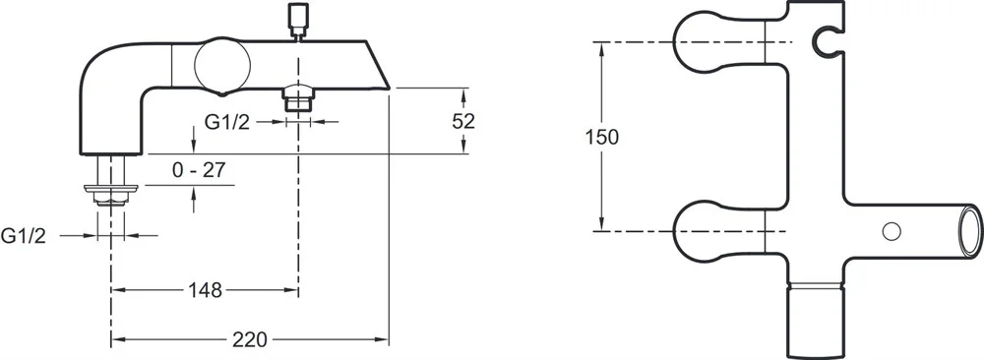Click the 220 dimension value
click(x=250, y=340)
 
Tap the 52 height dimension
click(x=463, y=121)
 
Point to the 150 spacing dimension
click(x=602, y=137)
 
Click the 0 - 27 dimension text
click(x=199, y=170)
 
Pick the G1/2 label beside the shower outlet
click(x=227, y=122)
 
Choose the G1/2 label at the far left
click(x=24, y=236)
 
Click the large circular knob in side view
click(x=222, y=67)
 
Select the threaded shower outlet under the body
click(x=298, y=97)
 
